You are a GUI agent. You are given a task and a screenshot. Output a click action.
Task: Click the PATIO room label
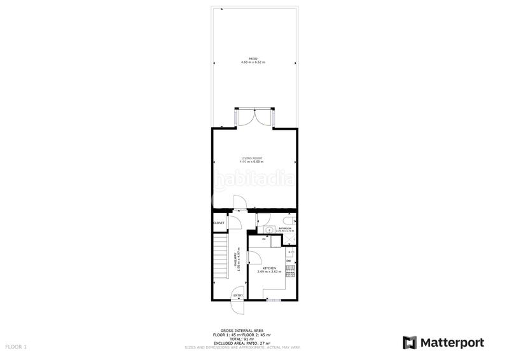(x=253, y=59)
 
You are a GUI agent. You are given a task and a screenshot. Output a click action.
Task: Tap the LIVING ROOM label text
(x=252, y=158)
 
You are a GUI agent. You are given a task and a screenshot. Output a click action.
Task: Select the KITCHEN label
(x=269, y=268)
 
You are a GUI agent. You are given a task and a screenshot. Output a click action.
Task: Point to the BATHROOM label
(x=284, y=228)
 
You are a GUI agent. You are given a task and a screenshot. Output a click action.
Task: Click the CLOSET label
(x=219, y=223)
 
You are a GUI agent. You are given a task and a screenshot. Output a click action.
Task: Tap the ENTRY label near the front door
(x=238, y=295)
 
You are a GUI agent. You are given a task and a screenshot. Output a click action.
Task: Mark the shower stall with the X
(x=288, y=240)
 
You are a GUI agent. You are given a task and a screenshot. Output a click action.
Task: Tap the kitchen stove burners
(x=291, y=271)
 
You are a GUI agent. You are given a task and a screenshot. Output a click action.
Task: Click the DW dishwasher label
(x=288, y=261)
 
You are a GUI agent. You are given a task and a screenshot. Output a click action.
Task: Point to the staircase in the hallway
(x=220, y=258)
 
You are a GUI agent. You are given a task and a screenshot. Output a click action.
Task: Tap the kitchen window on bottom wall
(x=274, y=300)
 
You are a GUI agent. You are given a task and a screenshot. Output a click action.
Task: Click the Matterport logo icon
(x=410, y=342)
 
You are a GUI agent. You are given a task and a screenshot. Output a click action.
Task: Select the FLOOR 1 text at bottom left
(x=16, y=347)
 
